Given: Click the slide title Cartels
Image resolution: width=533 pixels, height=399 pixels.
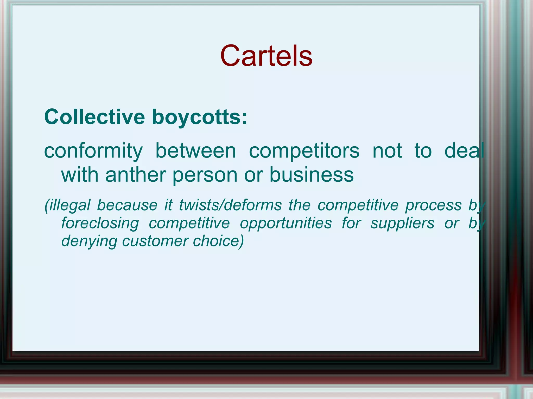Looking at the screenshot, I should click(x=266, y=56).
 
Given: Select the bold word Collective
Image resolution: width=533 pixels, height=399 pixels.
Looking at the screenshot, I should click(x=94, y=117).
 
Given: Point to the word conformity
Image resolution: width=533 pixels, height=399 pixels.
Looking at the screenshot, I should click(x=93, y=151).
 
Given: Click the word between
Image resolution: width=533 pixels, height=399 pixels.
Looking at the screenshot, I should click(x=196, y=151).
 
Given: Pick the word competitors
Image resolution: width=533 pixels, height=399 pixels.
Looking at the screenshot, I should click(x=304, y=151).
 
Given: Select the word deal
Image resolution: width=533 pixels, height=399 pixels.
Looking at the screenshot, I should click(x=464, y=151).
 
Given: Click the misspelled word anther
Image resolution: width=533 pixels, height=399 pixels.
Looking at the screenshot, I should click(x=136, y=175).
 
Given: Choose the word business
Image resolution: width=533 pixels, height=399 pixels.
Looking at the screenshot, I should click(x=312, y=175).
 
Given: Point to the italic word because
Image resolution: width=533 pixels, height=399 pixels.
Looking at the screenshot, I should click(x=127, y=205).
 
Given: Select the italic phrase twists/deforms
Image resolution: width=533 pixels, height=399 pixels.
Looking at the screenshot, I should click(x=230, y=205).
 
